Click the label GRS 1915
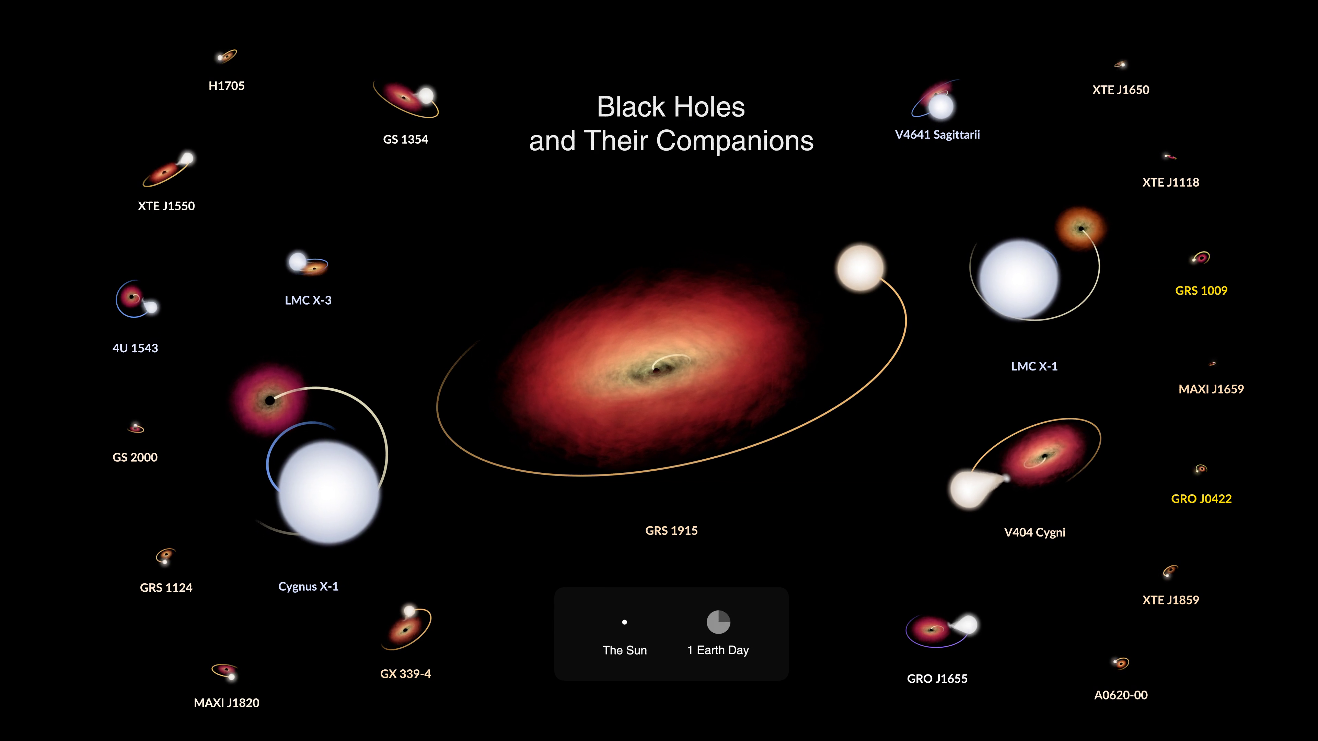point(671,530)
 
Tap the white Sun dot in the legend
point(624,622)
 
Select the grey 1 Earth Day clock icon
point(718,622)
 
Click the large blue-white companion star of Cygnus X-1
point(328,492)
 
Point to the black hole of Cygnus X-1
point(270,400)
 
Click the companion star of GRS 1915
point(860,268)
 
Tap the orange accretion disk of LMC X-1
point(1080,228)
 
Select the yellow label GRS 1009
point(1201,291)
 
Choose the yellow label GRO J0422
point(1201,498)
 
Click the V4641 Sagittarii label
point(937,134)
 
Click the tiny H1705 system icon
point(226,56)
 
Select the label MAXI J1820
point(226,703)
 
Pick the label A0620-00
point(1121,695)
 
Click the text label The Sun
point(624,650)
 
